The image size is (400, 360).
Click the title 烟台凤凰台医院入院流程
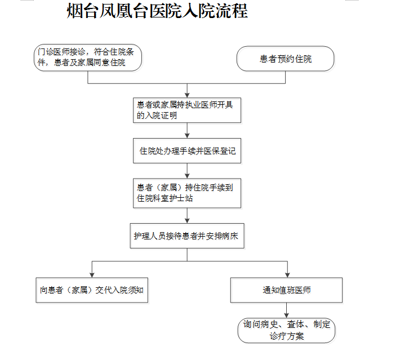point(157,11)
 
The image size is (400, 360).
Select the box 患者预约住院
point(285,59)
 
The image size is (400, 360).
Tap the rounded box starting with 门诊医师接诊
point(88,57)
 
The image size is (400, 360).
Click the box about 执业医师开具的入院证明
point(187,110)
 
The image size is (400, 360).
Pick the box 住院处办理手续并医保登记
point(187,151)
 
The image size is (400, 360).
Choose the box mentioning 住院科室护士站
point(187,193)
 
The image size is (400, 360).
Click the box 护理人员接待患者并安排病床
point(187,235)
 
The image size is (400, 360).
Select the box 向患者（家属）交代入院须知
point(92,290)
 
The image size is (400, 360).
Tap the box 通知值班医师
point(287,290)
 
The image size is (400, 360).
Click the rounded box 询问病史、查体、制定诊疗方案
point(286,330)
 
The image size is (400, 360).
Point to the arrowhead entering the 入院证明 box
point(187,95)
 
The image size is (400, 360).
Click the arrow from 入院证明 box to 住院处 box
point(187,130)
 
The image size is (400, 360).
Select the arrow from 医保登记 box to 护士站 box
point(187,171)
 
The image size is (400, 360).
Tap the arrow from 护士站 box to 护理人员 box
point(187,216)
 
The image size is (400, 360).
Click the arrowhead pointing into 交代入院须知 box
point(92,275)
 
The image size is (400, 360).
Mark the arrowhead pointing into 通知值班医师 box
point(287,275)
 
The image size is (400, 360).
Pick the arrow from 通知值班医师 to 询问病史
point(287,310)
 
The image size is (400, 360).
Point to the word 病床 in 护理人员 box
point(230,236)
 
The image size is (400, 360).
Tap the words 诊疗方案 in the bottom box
point(287,336)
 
